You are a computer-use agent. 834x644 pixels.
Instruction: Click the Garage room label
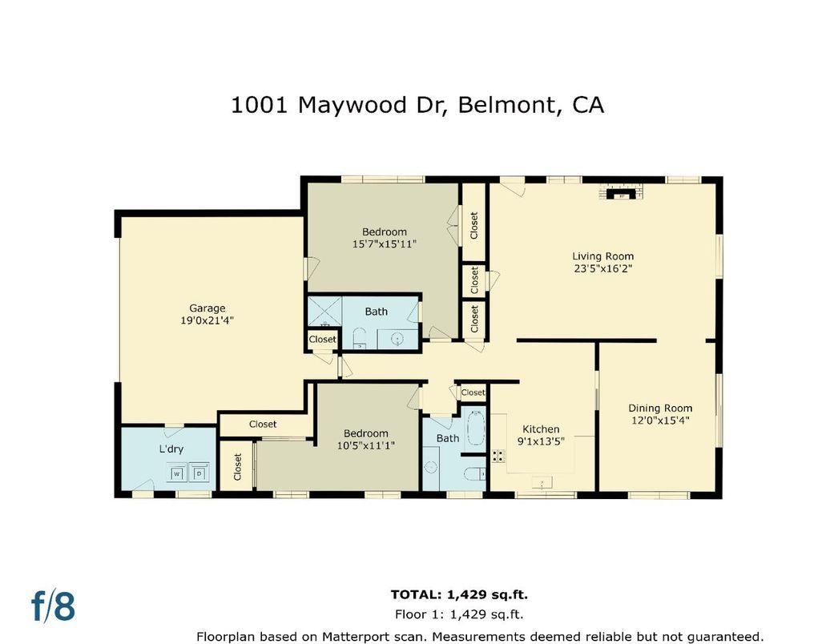point(207,308)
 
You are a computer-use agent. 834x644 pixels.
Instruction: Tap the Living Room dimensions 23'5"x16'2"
point(602,269)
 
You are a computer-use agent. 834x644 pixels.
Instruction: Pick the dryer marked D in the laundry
point(199,473)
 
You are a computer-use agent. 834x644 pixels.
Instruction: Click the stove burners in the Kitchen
point(498,456)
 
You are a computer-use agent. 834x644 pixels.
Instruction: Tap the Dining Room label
point(660,408)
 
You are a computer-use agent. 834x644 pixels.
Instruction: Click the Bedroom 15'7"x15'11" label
point(384,238)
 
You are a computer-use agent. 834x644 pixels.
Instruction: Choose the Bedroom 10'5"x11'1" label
point(365,439)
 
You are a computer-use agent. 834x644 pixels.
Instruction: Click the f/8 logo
point(54,606)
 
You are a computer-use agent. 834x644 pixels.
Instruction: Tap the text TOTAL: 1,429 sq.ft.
point(459,594)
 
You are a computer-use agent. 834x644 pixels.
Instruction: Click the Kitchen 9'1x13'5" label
point(541,434)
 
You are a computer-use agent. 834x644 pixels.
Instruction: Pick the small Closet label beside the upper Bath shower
point(323,340)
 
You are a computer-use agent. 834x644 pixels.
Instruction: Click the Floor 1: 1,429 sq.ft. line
point(459,615)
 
